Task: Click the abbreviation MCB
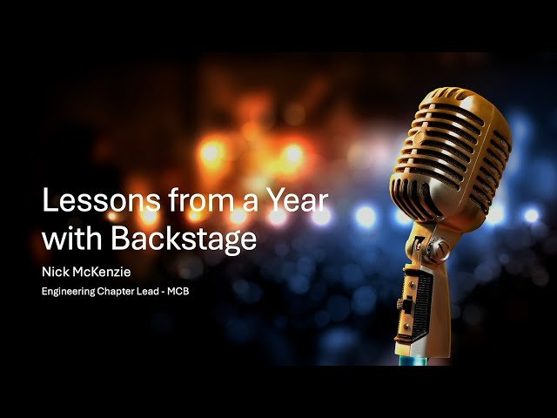click(180, 291)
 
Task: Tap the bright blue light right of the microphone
click(530, 214)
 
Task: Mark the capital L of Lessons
click(49, 203)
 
